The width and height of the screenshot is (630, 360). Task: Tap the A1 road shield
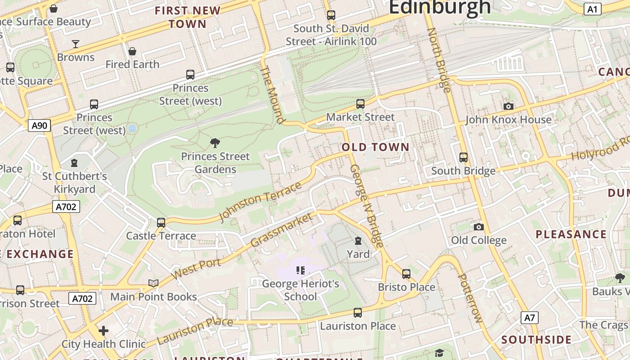592,9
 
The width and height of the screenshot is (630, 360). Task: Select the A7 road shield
530,318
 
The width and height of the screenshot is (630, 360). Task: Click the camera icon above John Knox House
508,106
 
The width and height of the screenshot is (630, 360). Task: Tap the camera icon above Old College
479,227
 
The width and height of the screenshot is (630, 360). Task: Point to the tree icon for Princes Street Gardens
215,143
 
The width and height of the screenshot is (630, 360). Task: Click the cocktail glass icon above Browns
76,44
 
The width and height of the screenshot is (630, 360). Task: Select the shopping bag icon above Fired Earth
132,51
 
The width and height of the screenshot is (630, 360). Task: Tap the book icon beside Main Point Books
153,283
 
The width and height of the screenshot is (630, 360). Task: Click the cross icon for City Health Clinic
103,331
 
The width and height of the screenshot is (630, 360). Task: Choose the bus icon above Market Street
360,104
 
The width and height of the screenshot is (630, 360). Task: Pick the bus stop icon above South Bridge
463,157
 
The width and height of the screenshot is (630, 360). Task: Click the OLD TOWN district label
375,147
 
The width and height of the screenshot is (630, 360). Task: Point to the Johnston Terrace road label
260,202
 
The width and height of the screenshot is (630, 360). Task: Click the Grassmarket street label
281,230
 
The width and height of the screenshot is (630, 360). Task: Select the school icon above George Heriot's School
301,270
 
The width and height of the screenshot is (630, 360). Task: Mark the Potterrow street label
470,297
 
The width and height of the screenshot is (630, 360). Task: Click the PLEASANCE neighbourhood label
571,234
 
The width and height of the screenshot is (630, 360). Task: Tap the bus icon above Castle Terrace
161,222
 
